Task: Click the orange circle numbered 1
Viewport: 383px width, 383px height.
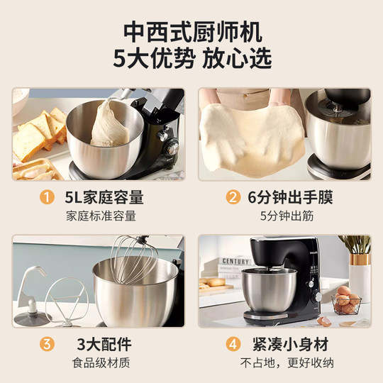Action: coord(47,197)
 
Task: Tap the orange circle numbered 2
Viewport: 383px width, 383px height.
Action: coord(233,197)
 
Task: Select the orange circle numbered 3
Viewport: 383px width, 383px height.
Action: coord(47,344)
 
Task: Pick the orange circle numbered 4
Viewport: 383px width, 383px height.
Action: coord(233,344)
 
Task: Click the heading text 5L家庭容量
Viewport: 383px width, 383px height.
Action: coord(104,197)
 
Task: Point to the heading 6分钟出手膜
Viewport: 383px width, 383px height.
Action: coord(290,197)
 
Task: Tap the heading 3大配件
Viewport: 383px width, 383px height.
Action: coord(104,344)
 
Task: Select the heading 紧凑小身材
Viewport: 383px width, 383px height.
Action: coord(290,344)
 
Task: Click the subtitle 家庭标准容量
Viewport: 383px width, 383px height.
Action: coord(101,216)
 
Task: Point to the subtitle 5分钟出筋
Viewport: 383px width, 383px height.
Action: coord(287,216)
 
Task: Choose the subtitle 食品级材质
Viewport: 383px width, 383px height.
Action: coord(101,362)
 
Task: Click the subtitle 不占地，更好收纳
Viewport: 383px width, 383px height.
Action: coord(287,362)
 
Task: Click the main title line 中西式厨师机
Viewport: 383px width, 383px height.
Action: coord(193,33)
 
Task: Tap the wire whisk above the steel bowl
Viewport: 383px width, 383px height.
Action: coord(133,259)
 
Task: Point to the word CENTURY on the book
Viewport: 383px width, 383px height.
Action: coord(235,261)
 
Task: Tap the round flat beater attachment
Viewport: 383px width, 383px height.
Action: coord(66,301)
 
